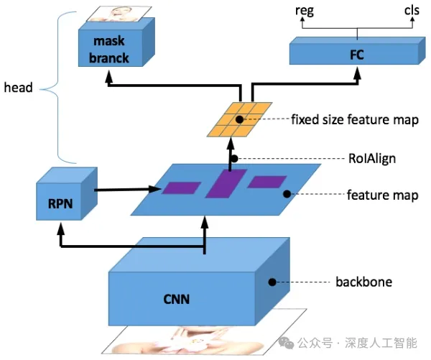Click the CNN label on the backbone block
(176, 299)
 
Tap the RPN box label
(60, 204)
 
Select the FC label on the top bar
(357, 55)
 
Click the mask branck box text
(109, 50)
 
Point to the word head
(18, 88)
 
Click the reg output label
(305, 11)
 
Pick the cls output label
(412, 11)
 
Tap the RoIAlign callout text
(372, 158)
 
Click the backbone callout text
(364, 282)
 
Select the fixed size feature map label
(355, 119)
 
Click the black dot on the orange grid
(239, 119)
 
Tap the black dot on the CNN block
(272, 282)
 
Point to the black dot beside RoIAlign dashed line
(234, 158)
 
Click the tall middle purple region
(226, 183)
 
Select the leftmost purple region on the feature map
(181, 188)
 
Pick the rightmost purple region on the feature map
(267, 182)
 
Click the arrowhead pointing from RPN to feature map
(154, 189)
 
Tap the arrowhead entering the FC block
(357, 74)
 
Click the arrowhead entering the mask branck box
(109, 77)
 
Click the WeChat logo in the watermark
(286, 343)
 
